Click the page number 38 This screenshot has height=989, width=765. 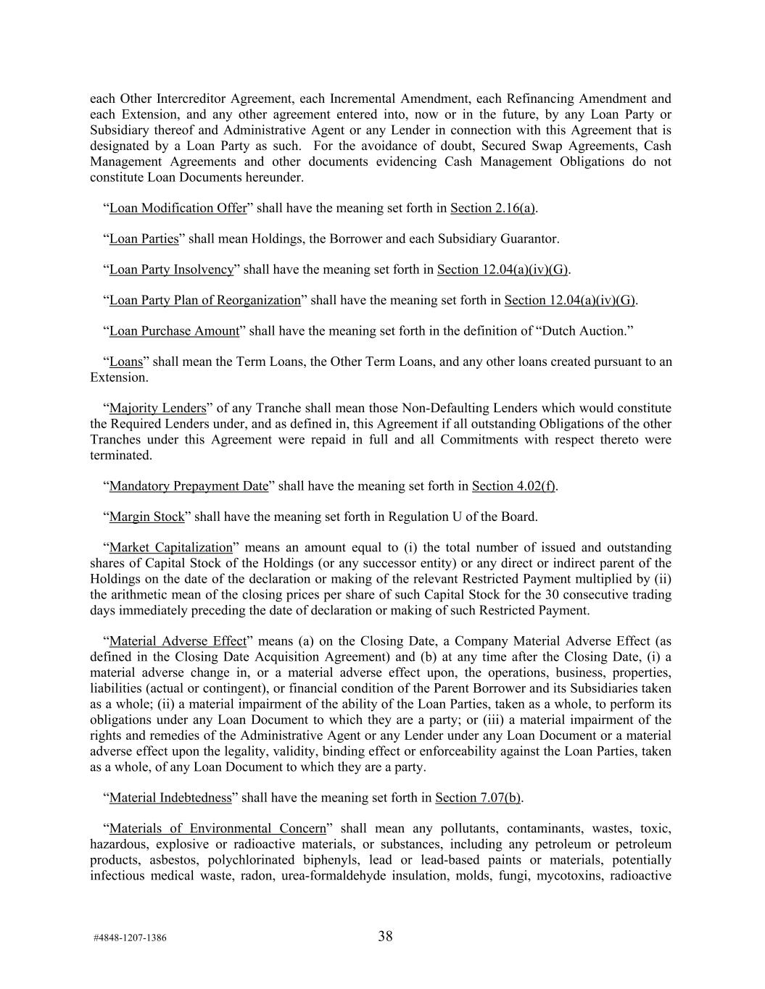pyautogui.click(x=385, y=936)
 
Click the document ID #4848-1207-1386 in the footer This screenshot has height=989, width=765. pyautogui.click(x=130, y=938)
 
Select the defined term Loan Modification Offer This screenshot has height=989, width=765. pyautogui.click(x=178, y=208)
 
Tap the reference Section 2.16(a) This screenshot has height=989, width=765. pyautogui.click(x=492, y=208)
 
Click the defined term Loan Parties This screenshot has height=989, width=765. pyautogui.click(x=144, y=238)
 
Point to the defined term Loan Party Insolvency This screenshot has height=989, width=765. pyautogui.click(x=171, y=270)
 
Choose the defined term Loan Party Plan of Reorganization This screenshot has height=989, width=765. pyautogui.click(x=204, y=300)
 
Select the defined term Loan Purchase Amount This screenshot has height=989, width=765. pyautogui.click(x=174, y=331)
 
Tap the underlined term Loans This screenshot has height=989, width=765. pyautogui.click(x=125, y=362)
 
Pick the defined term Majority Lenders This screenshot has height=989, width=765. pyautogui.click(x=157, y=408)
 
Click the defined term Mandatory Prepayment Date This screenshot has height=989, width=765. pyautogui.click(x=189, y=485)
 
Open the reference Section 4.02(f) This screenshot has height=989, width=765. pyautogui.click(x=513, y=485)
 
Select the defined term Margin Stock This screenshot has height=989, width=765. pyautogui.click(x=146, y=517)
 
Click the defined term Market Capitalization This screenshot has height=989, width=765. pyautogui.click(x=170, y=547)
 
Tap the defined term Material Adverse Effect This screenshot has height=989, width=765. pyautogui.click(x=177, y=640)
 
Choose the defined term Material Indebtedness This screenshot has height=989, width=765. pyautogui.click(x=170, y=798)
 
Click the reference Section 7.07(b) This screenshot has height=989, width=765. pyautogui.click(x=478, y=798)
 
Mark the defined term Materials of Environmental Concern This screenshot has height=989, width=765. pyautogui.click(x=217, y=828)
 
